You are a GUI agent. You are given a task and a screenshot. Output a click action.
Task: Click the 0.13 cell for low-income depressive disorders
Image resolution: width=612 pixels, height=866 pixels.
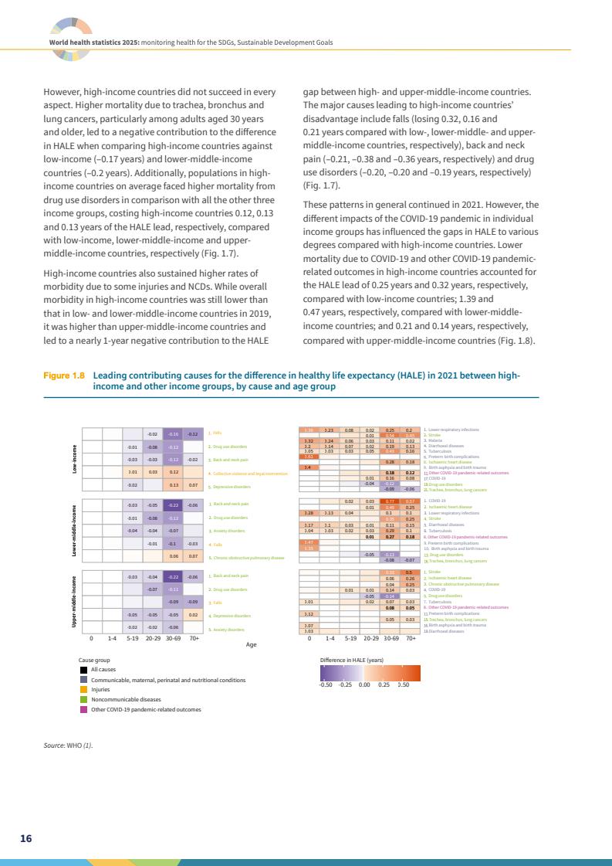click(x=174, y=486)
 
